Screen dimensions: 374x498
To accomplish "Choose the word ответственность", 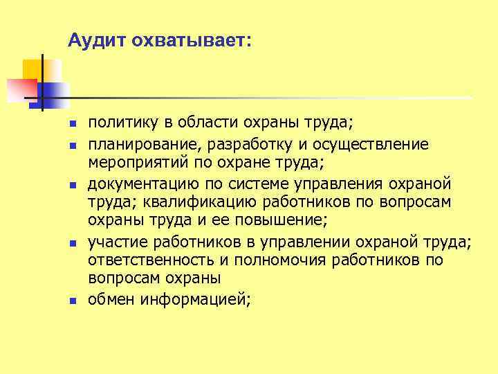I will tap(153, 260).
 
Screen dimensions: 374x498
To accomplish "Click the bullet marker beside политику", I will tap(72, 125).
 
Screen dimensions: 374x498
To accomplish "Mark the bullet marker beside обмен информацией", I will tap(72, 300).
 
